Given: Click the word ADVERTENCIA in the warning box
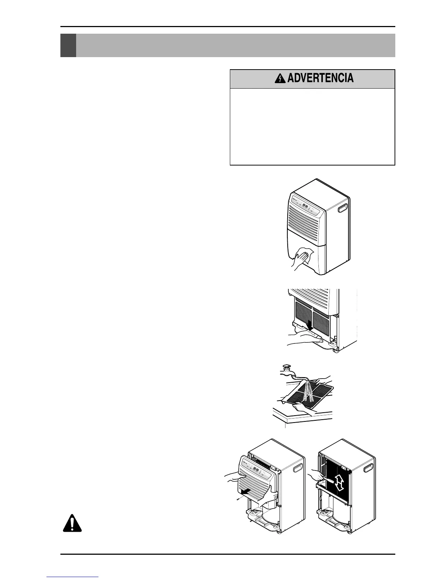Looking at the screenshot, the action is [320, 78].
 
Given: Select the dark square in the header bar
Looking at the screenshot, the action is [68, 45].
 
